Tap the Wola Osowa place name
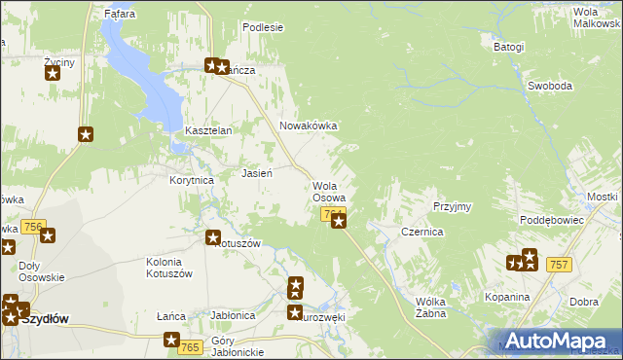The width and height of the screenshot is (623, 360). [x=328, y=192]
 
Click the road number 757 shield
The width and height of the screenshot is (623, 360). [x=558, y=265]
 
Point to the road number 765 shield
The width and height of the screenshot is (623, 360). [x=190, y=347]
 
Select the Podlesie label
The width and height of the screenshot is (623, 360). [x=262, y=27]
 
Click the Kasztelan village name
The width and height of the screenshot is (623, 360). [x=207, y=130]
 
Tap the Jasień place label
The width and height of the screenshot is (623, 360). [x=256, y=173]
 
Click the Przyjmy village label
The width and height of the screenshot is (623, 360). [x=453, y=206]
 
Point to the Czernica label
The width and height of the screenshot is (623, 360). [x=422, y=233]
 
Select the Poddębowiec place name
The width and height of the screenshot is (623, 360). [x=552, y=220]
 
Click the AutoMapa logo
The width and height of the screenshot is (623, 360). [x=560, y=341]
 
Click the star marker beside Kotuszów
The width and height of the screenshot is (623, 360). [x=213, y=236]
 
